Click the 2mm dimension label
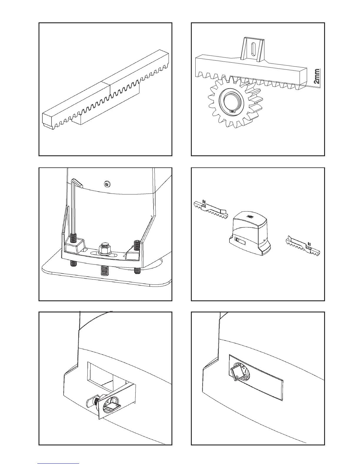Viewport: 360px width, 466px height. (x=316, y=76)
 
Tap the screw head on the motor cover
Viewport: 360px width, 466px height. (x=107, y=184)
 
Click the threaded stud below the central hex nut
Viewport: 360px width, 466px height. (x=104, y=270)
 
